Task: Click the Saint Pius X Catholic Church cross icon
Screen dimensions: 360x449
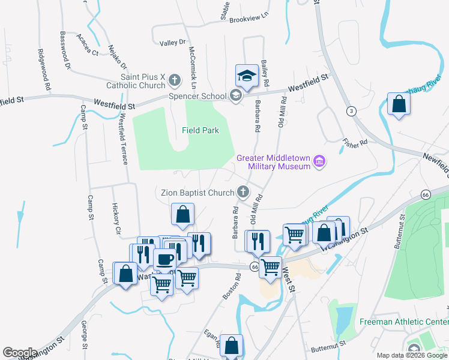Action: tap(174, 80)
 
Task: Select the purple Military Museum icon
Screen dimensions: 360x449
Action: tap(320, 161)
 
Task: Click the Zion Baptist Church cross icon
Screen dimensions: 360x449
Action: tap(243, 193)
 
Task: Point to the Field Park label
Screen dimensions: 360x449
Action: tap(200, 130)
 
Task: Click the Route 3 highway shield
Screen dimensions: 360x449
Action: tap(351, 111)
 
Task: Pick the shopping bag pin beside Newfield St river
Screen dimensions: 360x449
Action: tap(399, 104)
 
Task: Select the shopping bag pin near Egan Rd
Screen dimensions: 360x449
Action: tap(231, 346)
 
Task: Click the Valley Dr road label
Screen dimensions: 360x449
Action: tap(173, 43)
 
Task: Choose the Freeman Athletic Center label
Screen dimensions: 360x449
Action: tap(404, 322)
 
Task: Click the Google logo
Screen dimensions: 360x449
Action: tap(20, 353)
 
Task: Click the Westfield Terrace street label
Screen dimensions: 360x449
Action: tap(124, 139)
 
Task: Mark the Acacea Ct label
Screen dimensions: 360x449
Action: tap(88, 44)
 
